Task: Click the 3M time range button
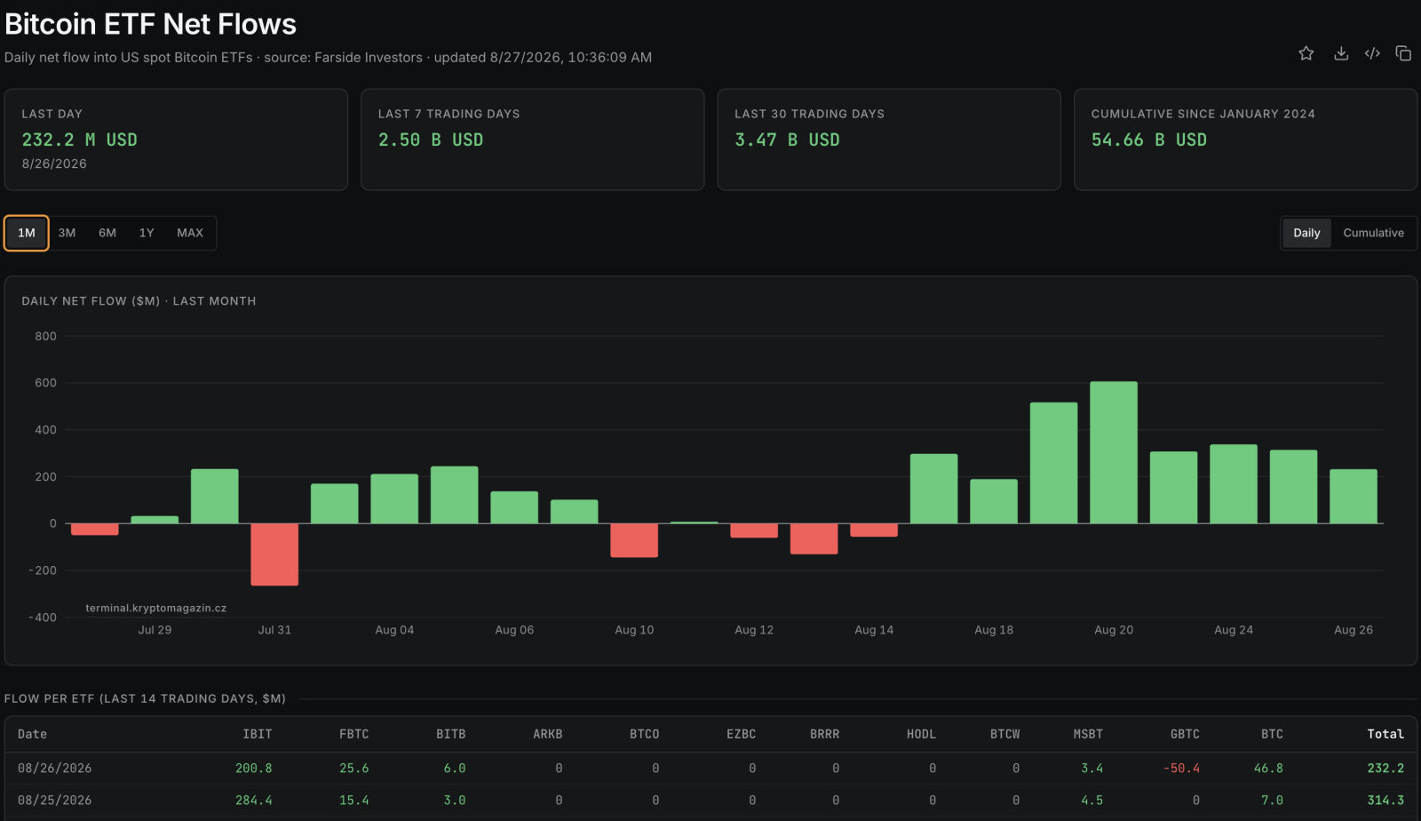67,233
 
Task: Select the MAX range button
190,233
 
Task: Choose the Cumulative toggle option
1373,233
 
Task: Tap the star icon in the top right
1306,53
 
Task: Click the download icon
1340,53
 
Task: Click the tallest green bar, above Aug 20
1114,452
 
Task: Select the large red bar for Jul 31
274,554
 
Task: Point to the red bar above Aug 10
634,540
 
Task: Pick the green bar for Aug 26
1354,496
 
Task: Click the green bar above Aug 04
394,498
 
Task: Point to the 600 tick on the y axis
45,383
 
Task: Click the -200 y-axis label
43,570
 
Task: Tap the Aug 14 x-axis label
874,630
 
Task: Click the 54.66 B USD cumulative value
1149,139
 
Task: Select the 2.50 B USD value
431,139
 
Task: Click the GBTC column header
1185,734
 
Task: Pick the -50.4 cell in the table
1181,769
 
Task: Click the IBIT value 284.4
254,801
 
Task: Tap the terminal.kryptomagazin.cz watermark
156,608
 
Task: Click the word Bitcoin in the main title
50,24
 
